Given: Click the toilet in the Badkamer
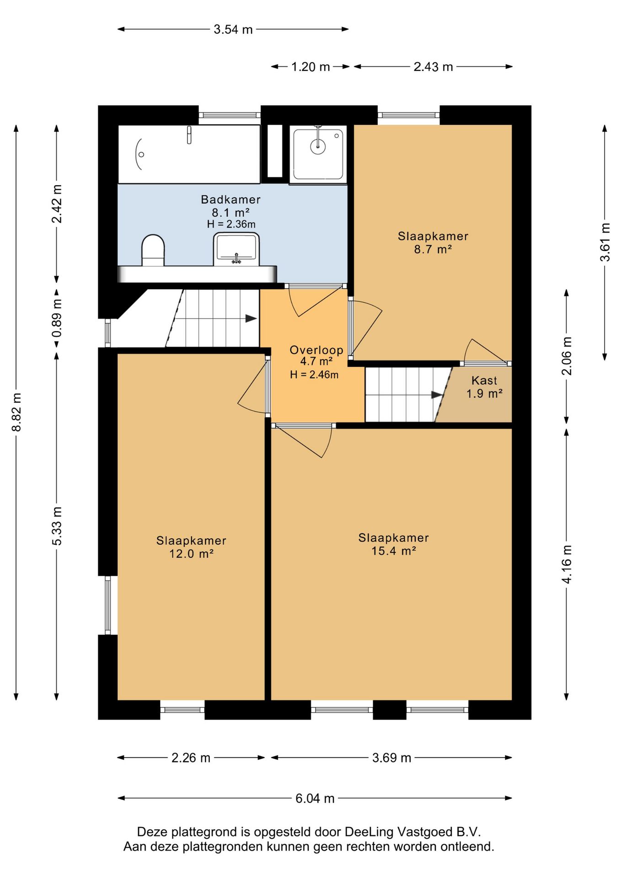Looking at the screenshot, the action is coord(153,251).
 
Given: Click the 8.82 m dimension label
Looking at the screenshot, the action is coord(17,412).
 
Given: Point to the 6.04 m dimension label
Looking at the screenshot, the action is coord(315,798).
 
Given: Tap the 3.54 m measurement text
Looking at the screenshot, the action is coord(233,29).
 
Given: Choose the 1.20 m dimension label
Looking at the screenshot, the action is coord(311,67).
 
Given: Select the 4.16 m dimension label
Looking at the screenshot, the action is coord(567,564).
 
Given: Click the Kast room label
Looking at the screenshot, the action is coord(484,380).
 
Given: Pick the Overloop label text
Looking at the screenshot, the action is coord(316,350).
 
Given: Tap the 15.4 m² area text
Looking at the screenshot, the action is coord(394,551).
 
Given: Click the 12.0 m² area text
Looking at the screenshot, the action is coord(192,554).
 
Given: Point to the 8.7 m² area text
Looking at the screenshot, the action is coord(433,249).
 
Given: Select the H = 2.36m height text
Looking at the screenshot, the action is coord(231,224).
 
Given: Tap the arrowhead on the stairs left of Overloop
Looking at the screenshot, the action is coord(251,318).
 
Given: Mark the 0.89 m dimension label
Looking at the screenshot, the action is coord(57,318).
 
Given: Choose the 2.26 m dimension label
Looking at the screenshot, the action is coord(191,758).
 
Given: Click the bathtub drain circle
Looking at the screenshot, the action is coord(141,155).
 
